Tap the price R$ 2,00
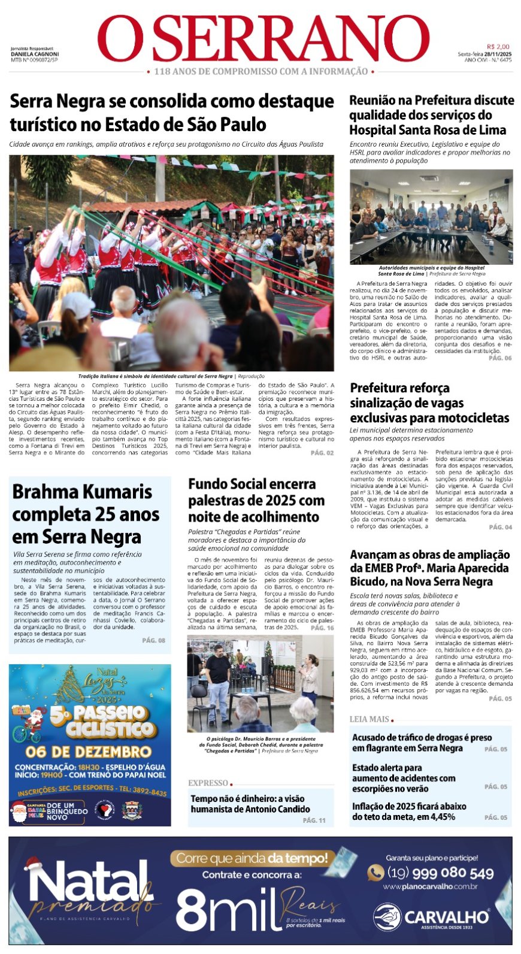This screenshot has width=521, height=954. [x=498, y=47]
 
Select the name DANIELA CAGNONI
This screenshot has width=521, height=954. [x=35, y=54]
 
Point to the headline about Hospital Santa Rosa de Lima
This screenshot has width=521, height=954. [x=431, y=115]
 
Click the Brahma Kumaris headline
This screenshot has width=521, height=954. [x=86, y=514]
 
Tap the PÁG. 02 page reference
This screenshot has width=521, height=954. [x=322, y=453]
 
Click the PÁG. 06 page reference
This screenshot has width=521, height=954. [x=500, y=358]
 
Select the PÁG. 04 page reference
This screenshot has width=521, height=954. [x=500, y=527]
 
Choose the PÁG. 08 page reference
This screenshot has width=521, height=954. [x=153, y=640]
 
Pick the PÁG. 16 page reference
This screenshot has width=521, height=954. [x=322, y=628]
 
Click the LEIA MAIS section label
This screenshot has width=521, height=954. [x=369, y=719]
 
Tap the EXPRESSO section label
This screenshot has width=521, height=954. [x=208, y=783]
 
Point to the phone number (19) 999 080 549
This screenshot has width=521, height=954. [x=440, y=873]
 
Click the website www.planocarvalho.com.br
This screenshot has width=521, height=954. [x=430, y=886]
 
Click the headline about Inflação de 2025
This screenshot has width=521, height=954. [x=409, y=811]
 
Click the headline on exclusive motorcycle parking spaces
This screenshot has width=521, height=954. [x=429, y=402]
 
